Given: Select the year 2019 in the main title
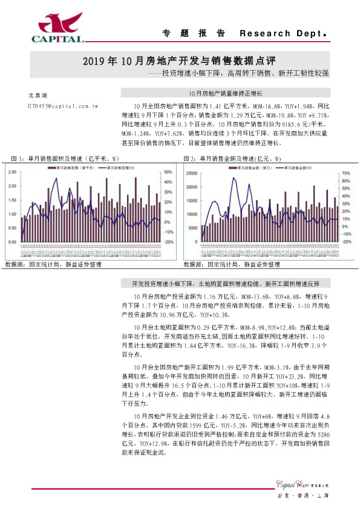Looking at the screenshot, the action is tap(94, 61).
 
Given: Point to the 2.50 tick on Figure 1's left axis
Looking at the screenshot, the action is tap(11, 172).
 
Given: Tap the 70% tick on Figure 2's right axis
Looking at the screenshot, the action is tap(346, 172).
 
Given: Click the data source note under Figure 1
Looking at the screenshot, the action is tap(53, 265).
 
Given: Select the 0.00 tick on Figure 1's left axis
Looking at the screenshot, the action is tap(11, 242).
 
